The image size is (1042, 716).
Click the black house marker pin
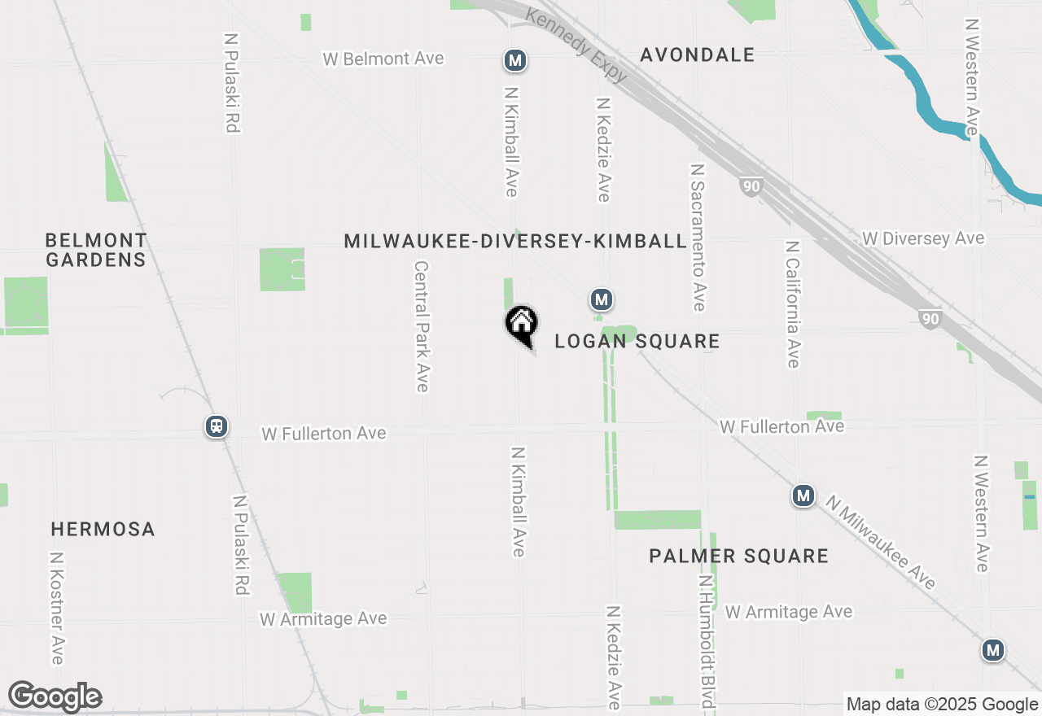pos(522,325)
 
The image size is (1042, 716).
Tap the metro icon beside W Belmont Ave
pos(514,60)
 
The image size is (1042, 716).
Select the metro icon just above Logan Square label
pos(602,300)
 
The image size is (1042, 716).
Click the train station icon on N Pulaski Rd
pos(217,426)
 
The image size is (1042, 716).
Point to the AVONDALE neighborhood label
pos(698,55)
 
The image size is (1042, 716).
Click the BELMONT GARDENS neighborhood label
pos(96,250)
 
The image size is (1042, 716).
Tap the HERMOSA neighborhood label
pos(103,529)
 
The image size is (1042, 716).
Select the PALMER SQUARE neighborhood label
pos(738,556)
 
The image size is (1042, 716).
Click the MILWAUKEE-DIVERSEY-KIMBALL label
pos(515,241)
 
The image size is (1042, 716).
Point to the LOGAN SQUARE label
pos(637,341)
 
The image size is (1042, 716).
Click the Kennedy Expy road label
pos(577,46)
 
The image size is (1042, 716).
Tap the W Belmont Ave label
pos(383,59)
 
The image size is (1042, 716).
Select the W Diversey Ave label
pos(923,238)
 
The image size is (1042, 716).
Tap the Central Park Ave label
pos(422,325)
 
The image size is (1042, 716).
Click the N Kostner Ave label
pos(56,609)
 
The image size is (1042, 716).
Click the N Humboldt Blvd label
pos(706,643)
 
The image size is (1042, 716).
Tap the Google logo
pos(55,697)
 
